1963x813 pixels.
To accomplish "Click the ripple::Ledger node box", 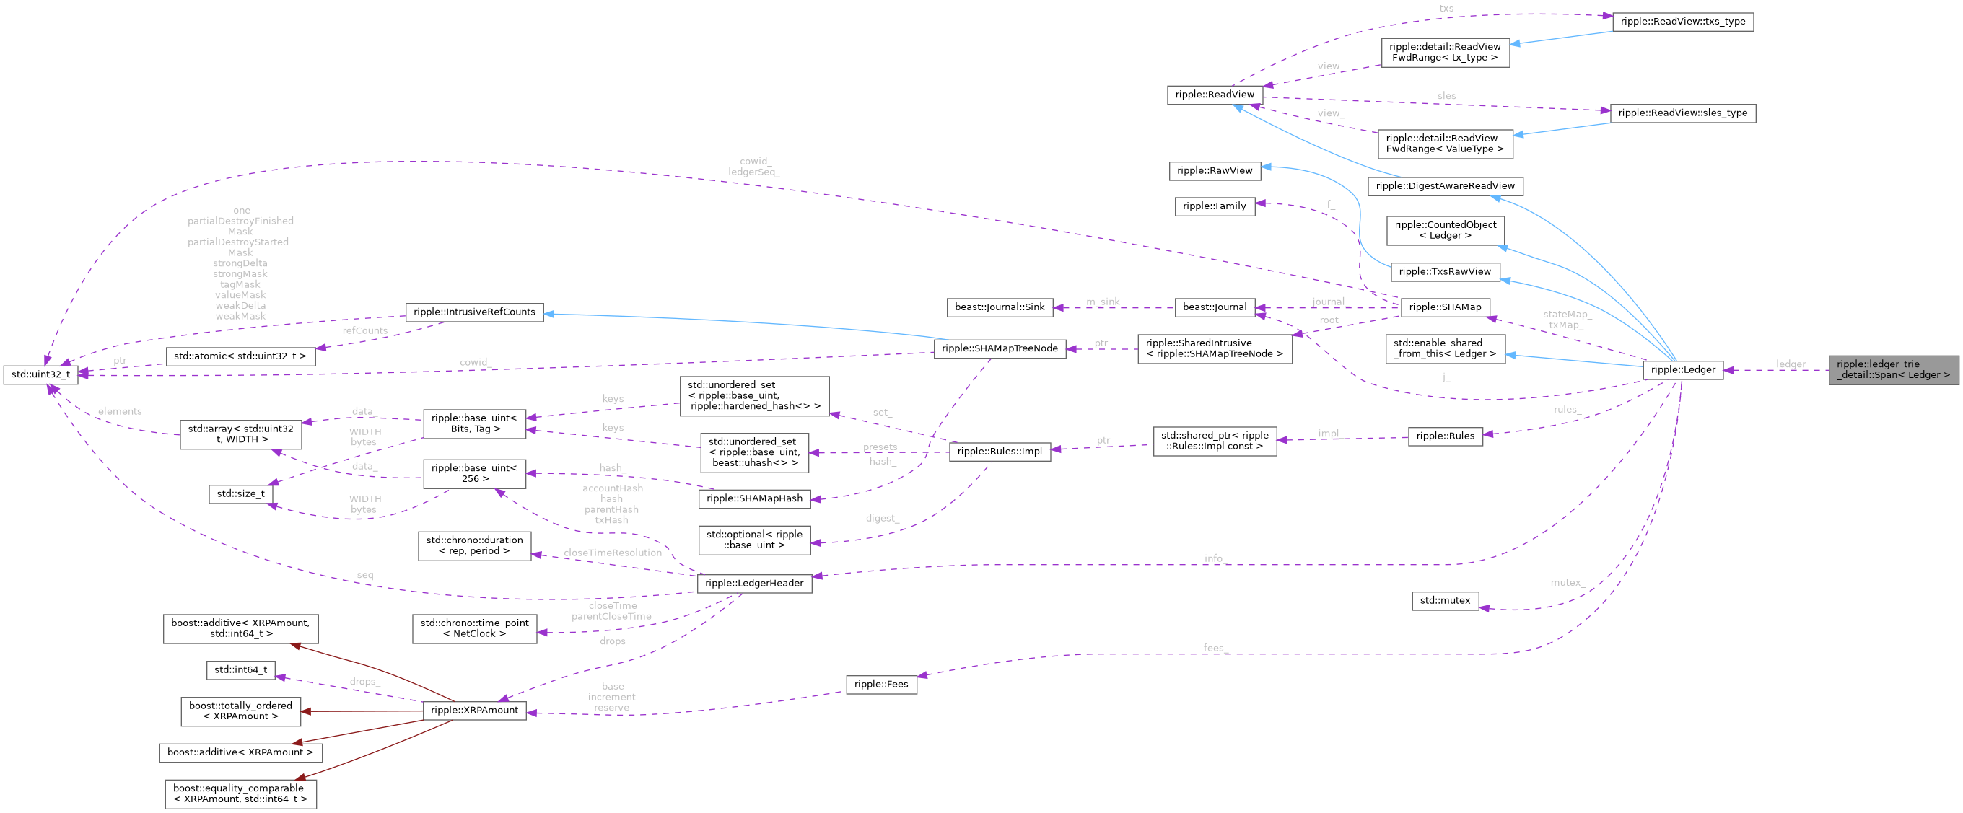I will point(1682,369).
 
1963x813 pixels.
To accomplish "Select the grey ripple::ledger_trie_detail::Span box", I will point(1893,369).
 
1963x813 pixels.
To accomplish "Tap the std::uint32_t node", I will point(40,374).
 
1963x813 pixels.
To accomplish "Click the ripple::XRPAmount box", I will point(474,710).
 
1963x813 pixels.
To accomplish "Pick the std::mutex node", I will point(1444,600).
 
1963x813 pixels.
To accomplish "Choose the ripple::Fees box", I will point(881,684).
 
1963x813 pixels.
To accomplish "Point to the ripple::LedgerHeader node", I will point(753,583).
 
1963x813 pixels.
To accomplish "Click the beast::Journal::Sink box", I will point(999,307).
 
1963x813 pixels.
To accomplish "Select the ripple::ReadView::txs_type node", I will point(1682,22).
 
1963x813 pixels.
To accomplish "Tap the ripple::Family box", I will point(1214,206).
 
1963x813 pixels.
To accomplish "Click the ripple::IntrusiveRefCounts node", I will point(474,312).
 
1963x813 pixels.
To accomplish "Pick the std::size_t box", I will point(240,493).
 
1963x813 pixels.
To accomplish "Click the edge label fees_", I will point(1214,648).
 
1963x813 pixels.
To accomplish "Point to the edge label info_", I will point(1214,558).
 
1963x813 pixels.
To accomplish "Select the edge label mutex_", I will point(1567,582).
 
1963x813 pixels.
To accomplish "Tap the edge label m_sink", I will point(1103,302).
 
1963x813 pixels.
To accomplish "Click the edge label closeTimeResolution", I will point(612,553).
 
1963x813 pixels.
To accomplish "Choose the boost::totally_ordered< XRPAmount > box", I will point(240,711).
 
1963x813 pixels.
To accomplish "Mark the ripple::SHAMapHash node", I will point(753,498).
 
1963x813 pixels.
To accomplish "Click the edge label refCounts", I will point(364,330).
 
